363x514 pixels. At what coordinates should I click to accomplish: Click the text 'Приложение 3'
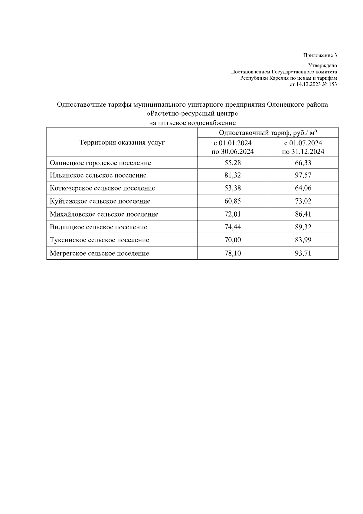click(320, 55)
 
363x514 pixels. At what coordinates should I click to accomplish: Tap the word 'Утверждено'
click(322, 65)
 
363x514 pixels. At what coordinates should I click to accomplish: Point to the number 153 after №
click(332, 85)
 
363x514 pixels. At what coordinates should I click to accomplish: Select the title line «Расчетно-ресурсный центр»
click(192, 114)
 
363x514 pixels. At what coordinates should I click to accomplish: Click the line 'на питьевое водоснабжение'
click(192, 123)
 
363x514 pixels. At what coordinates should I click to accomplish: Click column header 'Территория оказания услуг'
click(122, 142)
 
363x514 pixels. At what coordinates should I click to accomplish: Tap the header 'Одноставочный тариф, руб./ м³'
click(268, 133)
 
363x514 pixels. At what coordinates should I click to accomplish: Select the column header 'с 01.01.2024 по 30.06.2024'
click(233, 147)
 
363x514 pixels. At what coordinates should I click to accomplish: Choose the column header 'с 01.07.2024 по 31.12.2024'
click(303, 147)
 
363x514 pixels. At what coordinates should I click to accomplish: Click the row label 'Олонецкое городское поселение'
click(100, 163)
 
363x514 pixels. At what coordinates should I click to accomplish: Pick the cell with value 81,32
click(233, 175)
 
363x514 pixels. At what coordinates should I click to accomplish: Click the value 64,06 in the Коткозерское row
click(303, 188)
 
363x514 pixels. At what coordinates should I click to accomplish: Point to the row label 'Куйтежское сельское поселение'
click(100, 201)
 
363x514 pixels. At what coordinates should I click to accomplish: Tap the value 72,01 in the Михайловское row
click(233, 214)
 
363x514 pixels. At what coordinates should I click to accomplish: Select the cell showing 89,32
click(303, 227)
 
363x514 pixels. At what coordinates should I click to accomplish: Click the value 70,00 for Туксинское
click(233, 240)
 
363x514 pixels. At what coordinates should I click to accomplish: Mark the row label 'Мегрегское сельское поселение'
click(100, 253)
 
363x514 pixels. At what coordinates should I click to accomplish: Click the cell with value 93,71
click(303, 253)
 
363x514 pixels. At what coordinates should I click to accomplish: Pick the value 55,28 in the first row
click(233, 163)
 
